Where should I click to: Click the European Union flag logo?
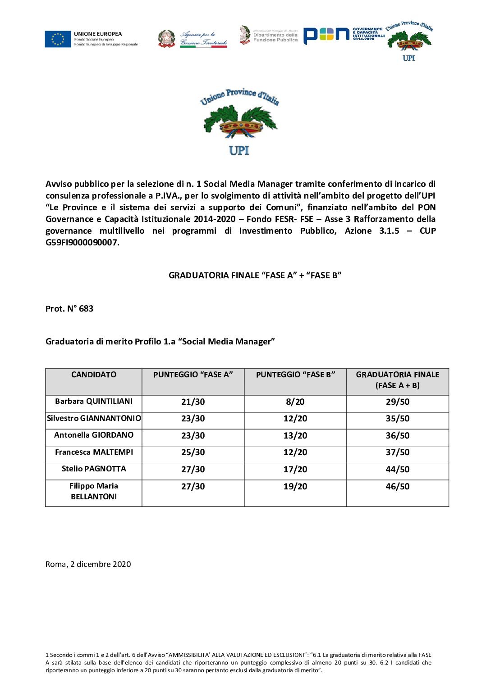58,39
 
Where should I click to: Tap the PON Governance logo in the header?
344,35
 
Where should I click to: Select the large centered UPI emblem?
239,122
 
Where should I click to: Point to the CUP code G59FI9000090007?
82,243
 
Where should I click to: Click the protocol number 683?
86,309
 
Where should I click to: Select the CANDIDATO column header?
94,375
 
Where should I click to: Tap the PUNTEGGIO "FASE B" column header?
295,375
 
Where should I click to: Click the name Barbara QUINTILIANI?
94,401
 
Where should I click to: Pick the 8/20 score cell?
295,402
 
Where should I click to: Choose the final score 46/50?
398,486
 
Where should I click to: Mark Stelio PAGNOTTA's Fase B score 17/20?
295,469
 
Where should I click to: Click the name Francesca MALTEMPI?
94,452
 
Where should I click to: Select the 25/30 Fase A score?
193,452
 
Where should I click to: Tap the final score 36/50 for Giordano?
398,435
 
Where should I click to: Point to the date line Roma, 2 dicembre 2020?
88,564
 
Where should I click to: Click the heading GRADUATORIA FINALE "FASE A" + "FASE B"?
255,276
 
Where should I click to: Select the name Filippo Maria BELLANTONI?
94,491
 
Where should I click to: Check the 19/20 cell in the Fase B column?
295,486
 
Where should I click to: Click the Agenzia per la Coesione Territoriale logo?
193,39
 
